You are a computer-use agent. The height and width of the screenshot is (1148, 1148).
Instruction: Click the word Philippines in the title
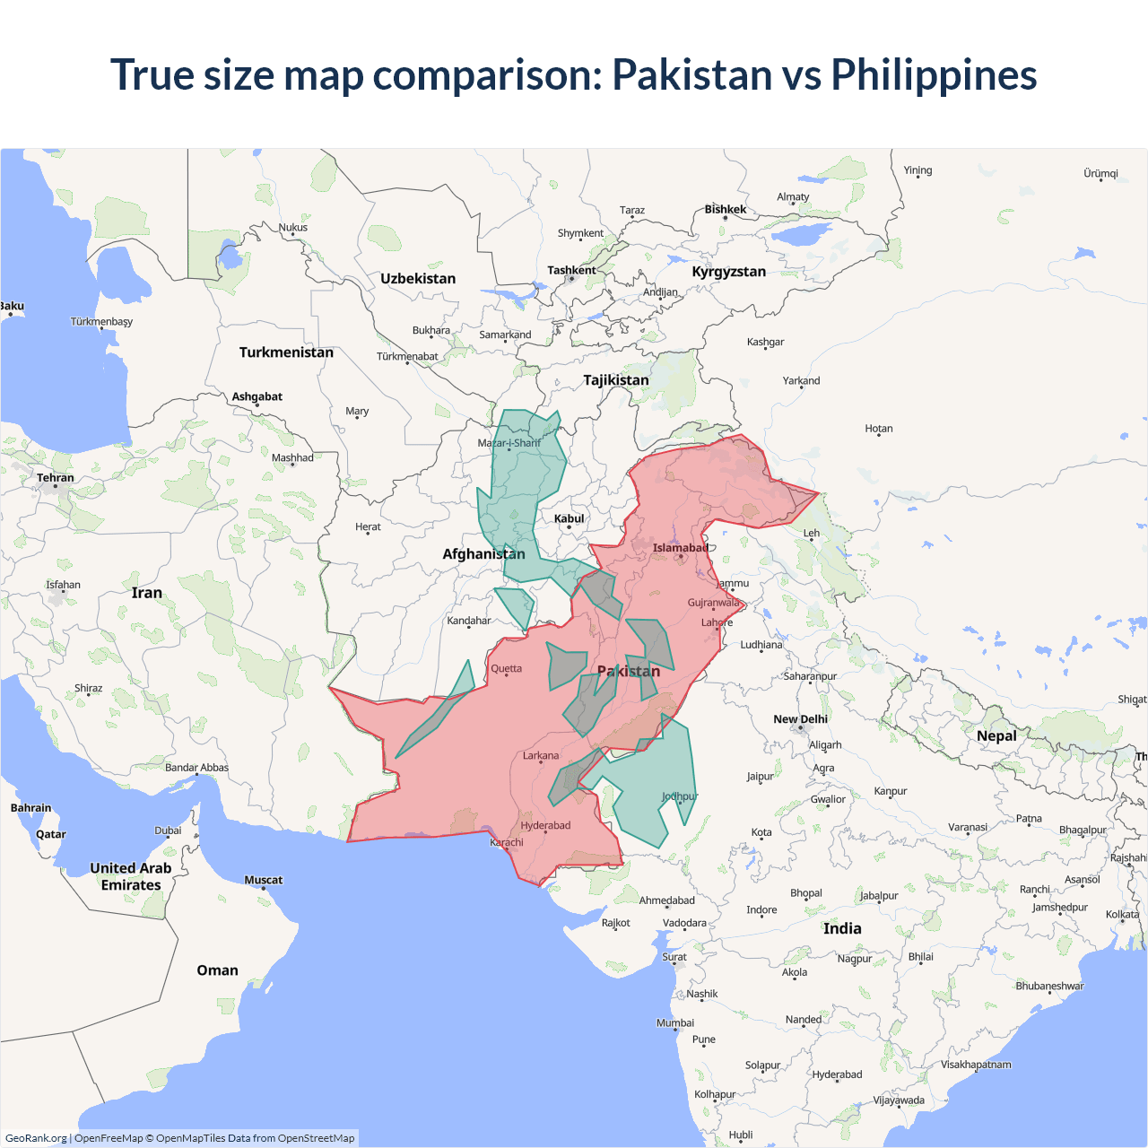click(934, 75)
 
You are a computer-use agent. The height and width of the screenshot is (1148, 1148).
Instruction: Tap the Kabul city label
click(569, 518)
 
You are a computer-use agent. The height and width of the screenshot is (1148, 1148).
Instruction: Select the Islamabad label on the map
click(680, 548)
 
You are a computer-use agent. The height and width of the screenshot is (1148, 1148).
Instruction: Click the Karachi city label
click(507, 842)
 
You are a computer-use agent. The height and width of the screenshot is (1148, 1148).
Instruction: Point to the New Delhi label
click(800, 719)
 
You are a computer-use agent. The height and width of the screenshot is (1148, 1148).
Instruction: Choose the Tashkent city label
click(571, 270)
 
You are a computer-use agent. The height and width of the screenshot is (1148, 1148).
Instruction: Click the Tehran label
click(56, 478)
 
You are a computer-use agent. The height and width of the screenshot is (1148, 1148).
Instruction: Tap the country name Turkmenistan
click(286, 352)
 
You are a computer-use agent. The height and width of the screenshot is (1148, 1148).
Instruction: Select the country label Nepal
click(996, 735)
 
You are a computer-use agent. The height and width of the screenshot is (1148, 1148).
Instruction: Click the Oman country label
click(217, 970)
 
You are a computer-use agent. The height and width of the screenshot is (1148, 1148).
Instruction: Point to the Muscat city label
click(263, 880)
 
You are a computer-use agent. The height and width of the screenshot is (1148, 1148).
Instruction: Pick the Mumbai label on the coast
click(674, 1022)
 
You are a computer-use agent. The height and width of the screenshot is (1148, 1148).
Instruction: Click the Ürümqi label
click(1100, 173)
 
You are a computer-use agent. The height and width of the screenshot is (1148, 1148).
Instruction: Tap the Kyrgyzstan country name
click(728, 272)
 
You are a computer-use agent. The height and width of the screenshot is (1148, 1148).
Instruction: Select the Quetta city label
click(506, 668)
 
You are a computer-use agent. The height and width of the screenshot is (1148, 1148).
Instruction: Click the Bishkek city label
click(725, 209)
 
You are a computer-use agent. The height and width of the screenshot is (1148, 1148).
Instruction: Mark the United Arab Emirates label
click(131, 876)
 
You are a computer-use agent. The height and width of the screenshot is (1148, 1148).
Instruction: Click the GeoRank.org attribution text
click(36, 1138)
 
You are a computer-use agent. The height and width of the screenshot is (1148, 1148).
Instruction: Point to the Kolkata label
click(1122, 915)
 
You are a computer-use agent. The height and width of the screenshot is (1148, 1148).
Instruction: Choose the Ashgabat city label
click(257, 396)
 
